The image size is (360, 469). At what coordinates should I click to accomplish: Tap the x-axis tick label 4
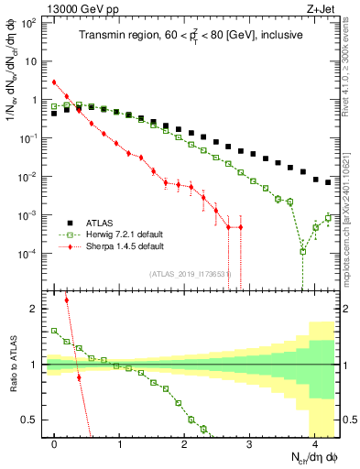click(x=314, y=441)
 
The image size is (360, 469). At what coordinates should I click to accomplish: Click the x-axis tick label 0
click(x=55, y=441)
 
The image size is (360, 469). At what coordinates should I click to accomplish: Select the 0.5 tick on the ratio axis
click(x=33, y=420)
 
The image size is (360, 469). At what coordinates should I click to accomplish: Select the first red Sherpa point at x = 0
click(x=55, y=82)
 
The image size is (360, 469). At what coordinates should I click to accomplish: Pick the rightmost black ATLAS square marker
click(x=328, y=181)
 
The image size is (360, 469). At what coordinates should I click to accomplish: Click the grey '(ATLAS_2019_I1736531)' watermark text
click(x=190, y=273)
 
